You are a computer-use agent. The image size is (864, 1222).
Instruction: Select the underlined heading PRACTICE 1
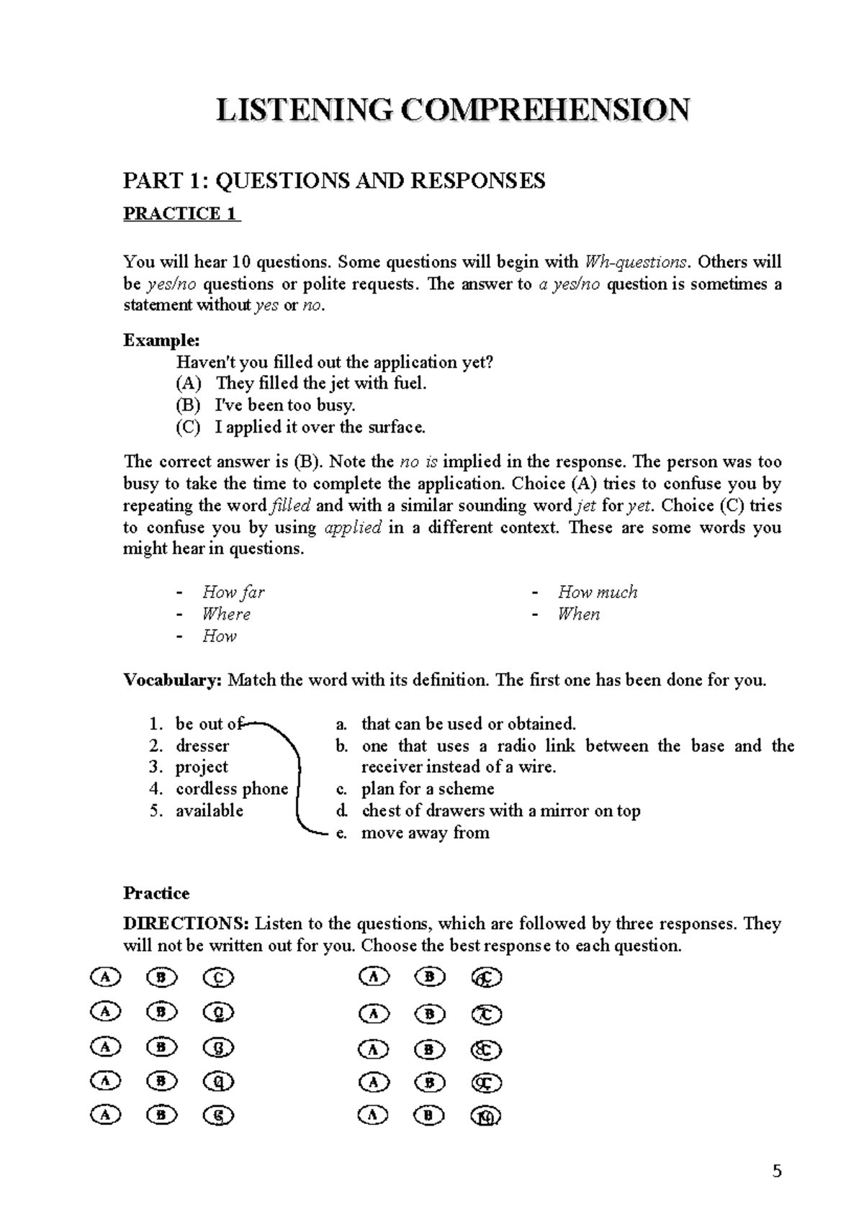(181, 214)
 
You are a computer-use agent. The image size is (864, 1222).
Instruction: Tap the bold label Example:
(161, 340)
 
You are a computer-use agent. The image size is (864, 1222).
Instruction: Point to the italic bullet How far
(233, 592)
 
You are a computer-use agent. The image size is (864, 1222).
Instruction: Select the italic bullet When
(579, 614)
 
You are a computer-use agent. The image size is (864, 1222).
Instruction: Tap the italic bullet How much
(598, 592)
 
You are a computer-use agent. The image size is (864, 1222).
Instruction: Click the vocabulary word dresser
(202, 746)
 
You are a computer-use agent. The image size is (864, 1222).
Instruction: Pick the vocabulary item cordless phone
(231, 789)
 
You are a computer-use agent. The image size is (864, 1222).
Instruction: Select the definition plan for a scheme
(428, 789)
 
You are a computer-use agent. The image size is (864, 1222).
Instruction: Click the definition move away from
(425, 833)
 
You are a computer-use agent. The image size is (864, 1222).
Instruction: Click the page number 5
(777, 1172)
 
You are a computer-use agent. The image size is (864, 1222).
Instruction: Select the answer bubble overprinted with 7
(486, 1014)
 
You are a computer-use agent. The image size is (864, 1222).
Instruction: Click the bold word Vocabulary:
(173, 680)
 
